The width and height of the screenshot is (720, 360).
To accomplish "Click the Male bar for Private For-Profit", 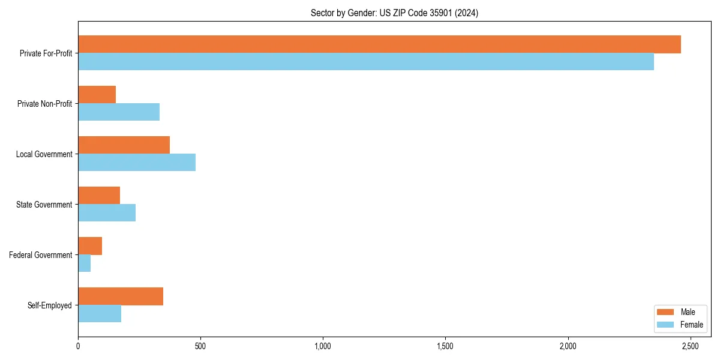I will [379, 44].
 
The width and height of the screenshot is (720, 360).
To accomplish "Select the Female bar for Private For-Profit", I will [366, 62].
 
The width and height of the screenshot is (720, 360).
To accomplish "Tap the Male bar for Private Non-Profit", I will [97, 95].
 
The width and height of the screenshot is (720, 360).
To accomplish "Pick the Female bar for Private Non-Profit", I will [119, 112].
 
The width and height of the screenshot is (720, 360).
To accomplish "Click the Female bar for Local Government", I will [137, 163].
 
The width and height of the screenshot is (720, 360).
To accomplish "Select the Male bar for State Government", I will [99, 196].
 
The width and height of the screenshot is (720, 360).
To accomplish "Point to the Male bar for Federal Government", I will [90, 246].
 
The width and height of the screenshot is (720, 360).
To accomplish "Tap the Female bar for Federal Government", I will [85, 263].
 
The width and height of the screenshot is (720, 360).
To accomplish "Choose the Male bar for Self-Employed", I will [121, 296].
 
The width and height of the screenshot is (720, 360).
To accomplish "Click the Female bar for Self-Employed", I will [100, 314].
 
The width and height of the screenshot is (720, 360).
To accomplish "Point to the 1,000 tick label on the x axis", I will [323, 347].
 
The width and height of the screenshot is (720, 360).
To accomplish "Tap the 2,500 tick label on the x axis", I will [690, 347].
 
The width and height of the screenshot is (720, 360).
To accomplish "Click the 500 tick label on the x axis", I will [200, 347].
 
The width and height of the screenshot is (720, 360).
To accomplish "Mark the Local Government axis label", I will [44, 154].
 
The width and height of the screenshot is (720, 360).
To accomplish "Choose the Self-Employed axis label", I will [49, 305].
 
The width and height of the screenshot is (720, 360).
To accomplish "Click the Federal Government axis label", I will [41, 255].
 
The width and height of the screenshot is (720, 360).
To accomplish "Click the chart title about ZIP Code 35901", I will [394, 13].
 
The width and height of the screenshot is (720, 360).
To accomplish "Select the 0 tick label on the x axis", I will [78, 347].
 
